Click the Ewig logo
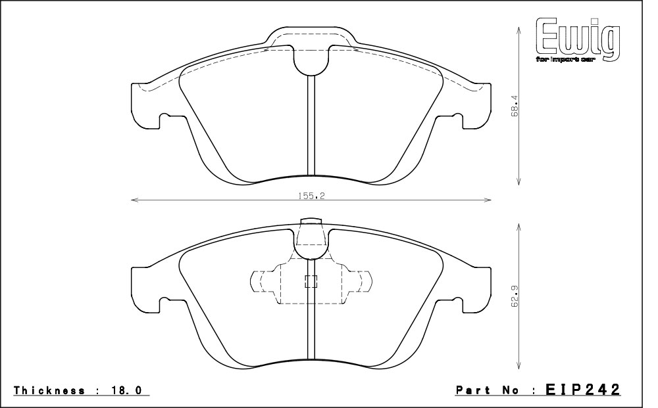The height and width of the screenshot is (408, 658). coord(578,40)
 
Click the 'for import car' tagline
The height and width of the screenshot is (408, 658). coord(565,60)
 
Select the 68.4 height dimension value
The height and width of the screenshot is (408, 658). coord(515,106)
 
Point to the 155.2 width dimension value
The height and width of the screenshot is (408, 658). coord(311,195)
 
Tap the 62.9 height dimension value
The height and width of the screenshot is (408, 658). coord(515,296)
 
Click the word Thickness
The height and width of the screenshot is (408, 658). coord(49,390)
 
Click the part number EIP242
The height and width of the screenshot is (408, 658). coord(583,390)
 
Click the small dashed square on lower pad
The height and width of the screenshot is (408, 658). coord(311,281)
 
